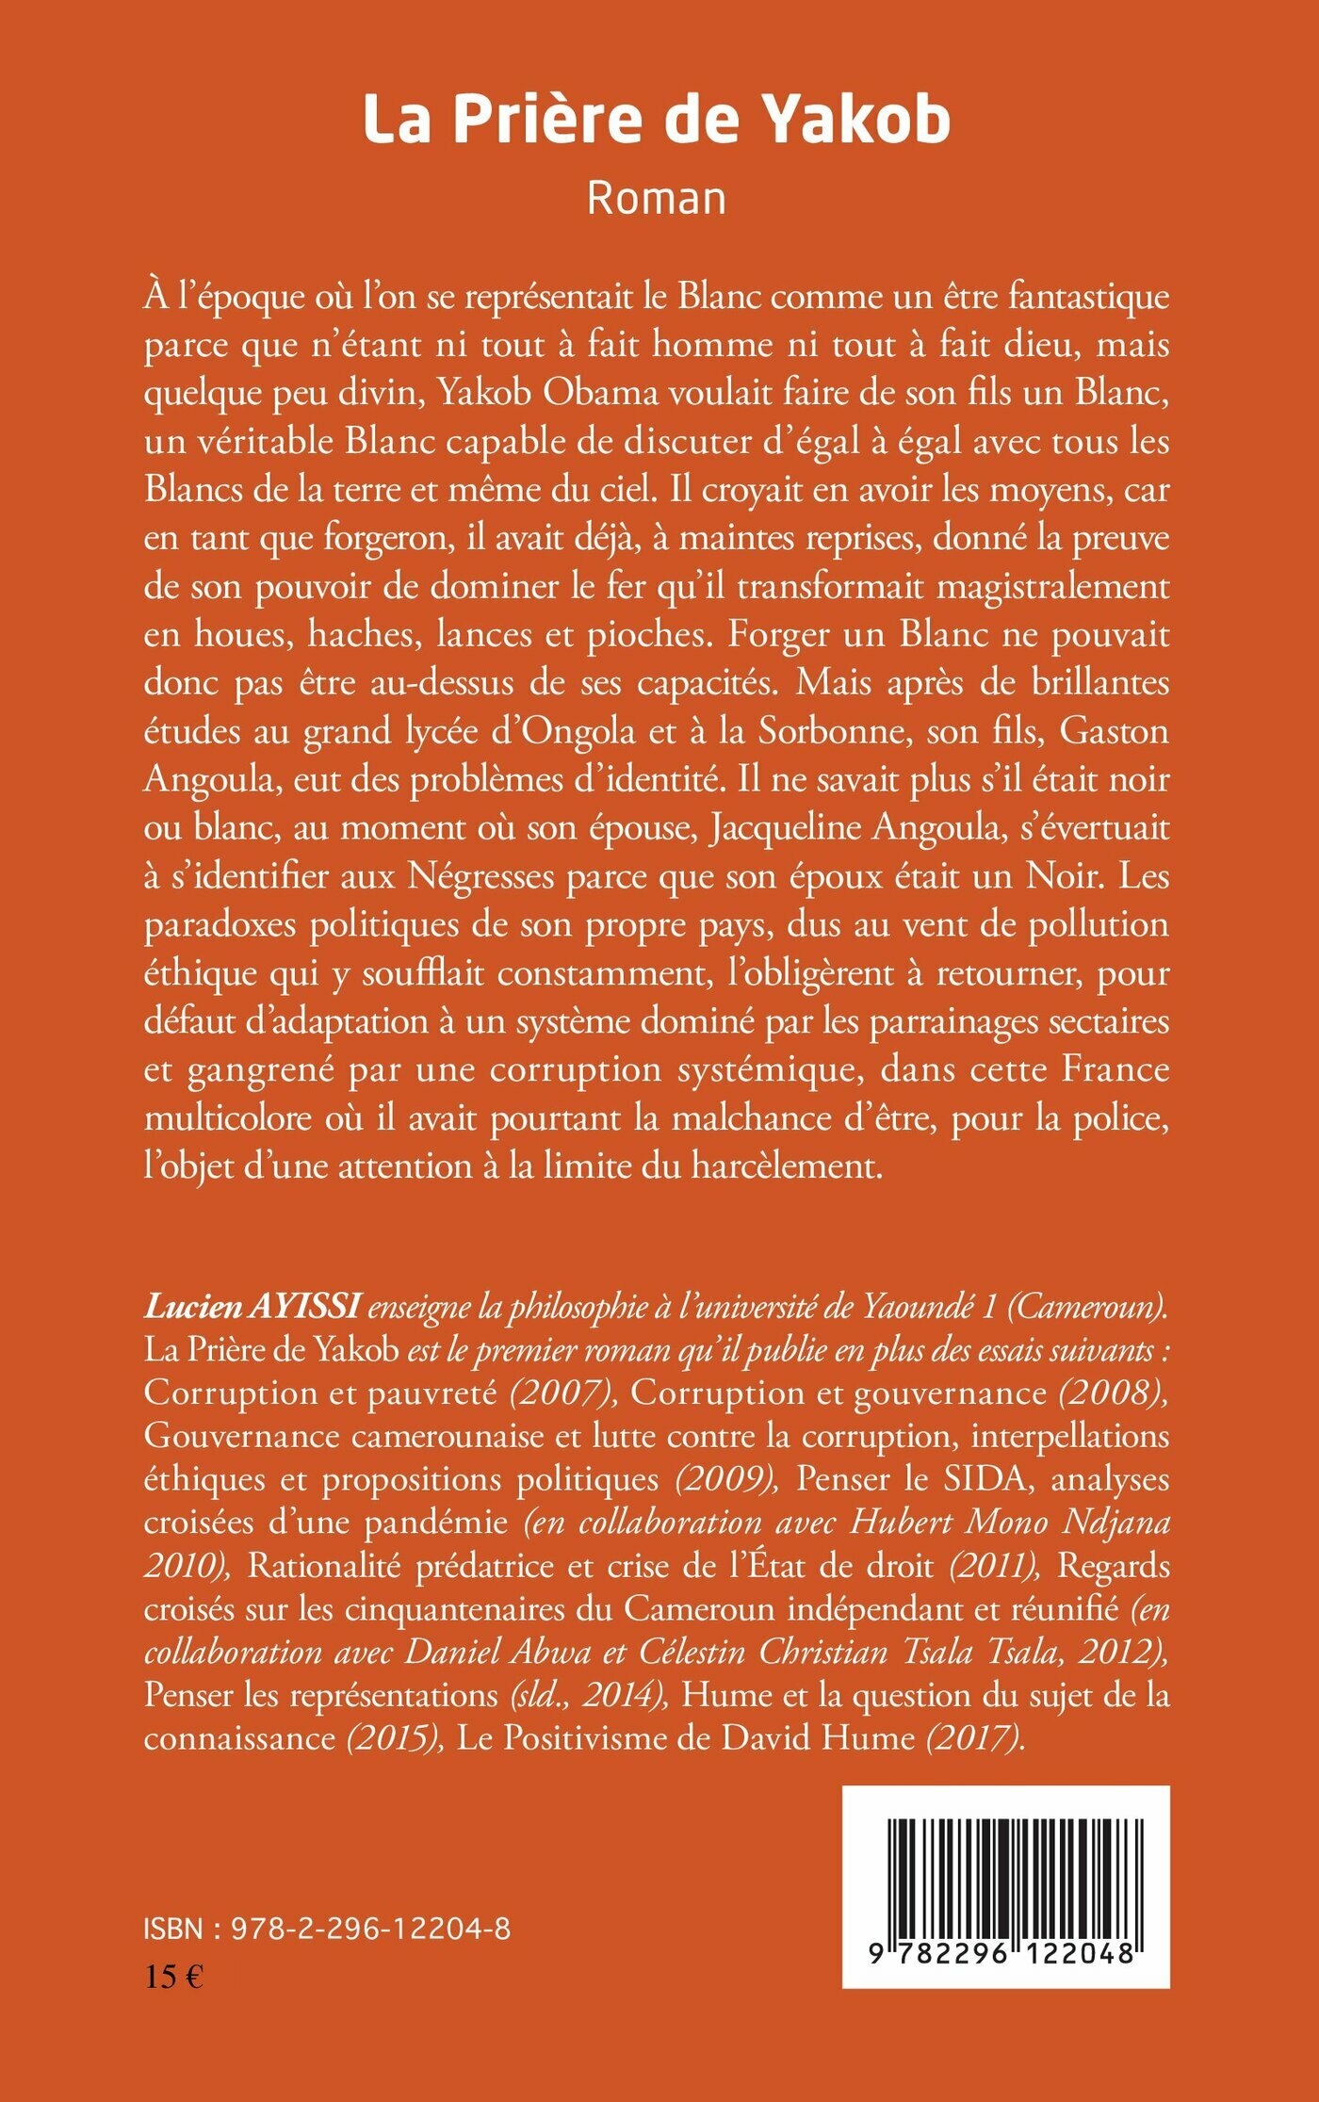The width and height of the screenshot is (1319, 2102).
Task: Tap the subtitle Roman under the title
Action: (657, 199)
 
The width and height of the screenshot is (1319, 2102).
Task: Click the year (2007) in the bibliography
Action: (563, 1393)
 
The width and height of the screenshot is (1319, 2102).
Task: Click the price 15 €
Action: (173, 1976)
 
